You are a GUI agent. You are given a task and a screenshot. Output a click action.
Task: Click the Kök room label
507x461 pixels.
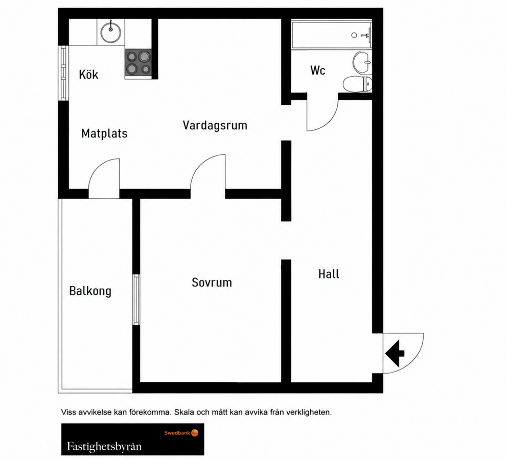88,74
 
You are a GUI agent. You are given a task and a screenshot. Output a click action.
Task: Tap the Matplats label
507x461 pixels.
104,133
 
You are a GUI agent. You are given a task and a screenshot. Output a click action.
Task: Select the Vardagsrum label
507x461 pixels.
215,125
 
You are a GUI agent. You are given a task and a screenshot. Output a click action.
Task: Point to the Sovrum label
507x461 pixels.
212,283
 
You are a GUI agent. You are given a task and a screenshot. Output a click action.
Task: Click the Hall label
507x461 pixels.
329,274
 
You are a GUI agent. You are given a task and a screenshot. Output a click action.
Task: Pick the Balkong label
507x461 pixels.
90,291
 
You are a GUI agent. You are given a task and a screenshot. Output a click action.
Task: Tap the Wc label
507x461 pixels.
318,70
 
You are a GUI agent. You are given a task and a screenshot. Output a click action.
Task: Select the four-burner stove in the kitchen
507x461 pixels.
138,64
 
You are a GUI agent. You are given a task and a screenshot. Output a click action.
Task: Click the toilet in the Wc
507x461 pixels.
357,84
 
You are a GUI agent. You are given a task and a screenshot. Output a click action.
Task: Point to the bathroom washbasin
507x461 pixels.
362,62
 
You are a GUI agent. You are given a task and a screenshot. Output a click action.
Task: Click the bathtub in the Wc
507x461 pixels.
332,35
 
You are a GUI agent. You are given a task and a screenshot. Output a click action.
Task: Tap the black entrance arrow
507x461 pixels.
395,353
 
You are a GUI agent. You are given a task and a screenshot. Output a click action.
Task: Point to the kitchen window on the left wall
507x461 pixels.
63,73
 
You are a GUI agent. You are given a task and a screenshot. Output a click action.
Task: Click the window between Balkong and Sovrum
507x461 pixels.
136,299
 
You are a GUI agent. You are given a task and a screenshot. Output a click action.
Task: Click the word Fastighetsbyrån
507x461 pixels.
104,447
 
